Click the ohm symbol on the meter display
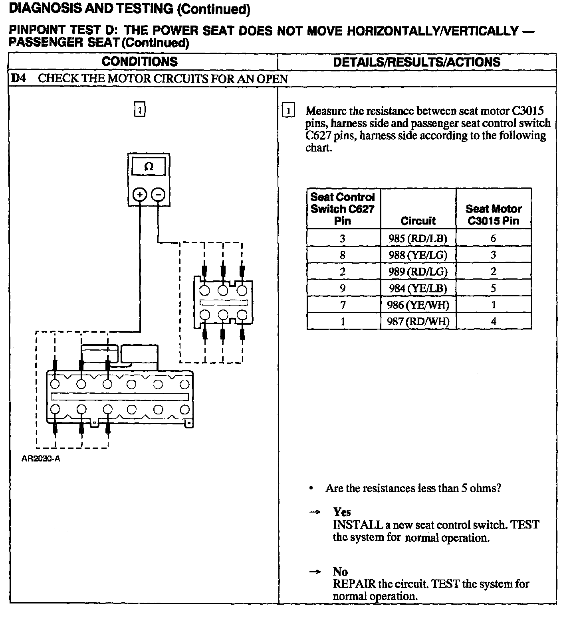149,167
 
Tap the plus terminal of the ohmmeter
139,195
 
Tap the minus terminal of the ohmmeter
159,195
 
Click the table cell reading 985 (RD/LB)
418,239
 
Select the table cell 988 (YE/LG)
418,255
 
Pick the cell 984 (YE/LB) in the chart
418,288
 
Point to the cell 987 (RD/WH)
418,321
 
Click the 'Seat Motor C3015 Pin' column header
494,215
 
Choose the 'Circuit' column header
418,221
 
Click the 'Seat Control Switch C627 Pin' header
343,209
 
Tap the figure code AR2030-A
41,459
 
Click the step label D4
18,78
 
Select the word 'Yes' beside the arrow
342,512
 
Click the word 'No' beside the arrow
340,572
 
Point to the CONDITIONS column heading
140,61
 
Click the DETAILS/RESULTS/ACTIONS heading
416,62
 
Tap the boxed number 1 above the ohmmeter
139,109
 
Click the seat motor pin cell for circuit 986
494,305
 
